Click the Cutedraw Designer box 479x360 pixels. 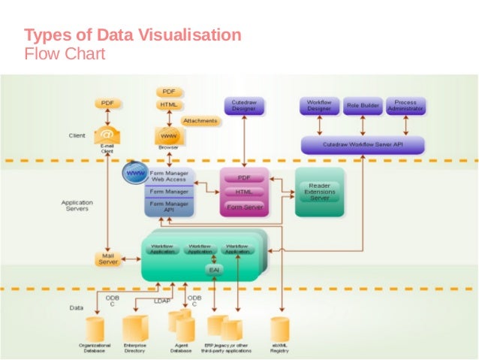click(x=243, y=106)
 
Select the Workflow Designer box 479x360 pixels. click(x=319, y=106)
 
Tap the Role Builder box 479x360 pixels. click(x=363, y=106)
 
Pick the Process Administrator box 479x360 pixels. click(x=405, y=106)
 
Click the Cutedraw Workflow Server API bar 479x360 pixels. click(x=363, y=144)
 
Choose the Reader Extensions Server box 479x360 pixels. click(x=319, y=192)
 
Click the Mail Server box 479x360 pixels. click(x=108, y=259)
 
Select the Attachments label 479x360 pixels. click(x=200, y=121)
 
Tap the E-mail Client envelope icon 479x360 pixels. click(x=107, y=135)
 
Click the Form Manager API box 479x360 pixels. click(x=169, y=207)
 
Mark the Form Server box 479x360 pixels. click(x=244, y=207)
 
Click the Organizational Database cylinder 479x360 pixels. click(x=95, y=328)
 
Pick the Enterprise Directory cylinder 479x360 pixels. click(x=135, y=328)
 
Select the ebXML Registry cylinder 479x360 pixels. click(x=280, y=328)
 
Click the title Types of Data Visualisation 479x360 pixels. click(x=133, y=35)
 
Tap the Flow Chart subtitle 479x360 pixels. click(x=65, y=54)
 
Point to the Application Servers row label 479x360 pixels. click(x=77, y=204)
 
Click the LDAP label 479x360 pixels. click(x=162, y=301)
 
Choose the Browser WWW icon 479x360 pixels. click(x=168, y=135)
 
